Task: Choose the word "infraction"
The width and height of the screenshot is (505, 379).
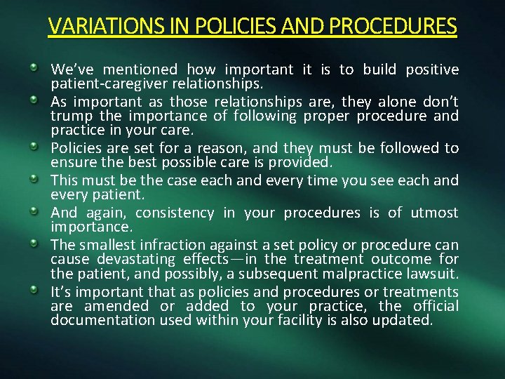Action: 173,244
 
